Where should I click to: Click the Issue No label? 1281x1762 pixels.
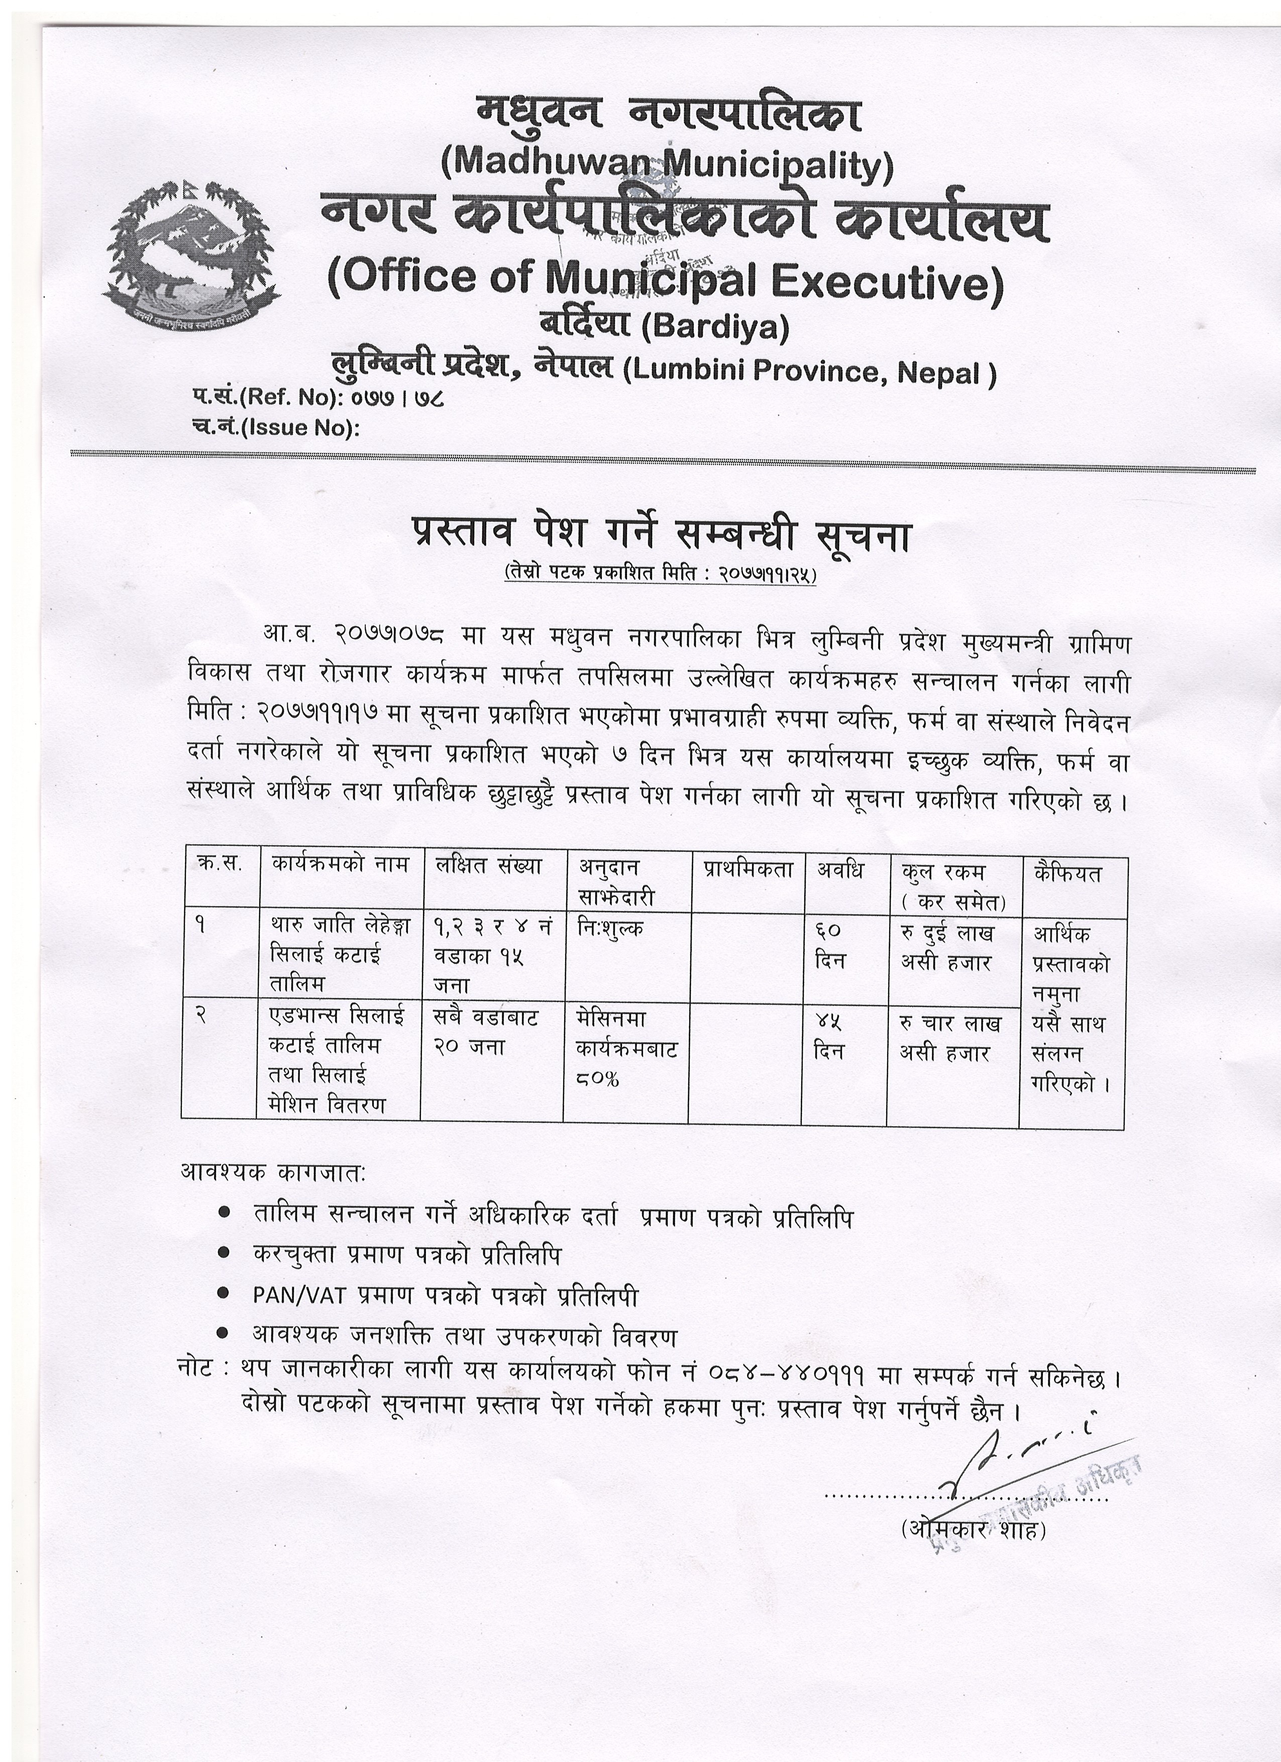pyautogui.click(x=276, y=428)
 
